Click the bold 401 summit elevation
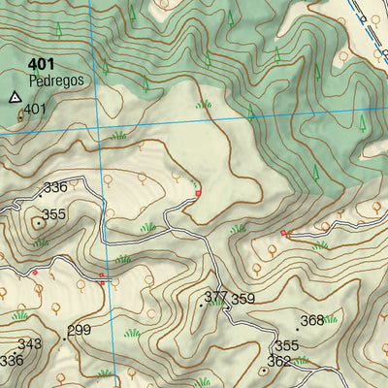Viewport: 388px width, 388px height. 42,66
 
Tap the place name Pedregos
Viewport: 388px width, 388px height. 55,81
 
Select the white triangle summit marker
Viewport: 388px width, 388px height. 15,97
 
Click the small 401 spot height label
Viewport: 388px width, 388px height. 35,110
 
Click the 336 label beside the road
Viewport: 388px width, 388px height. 55,187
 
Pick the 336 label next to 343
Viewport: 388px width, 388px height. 11,360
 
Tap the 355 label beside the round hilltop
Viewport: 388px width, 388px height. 53,214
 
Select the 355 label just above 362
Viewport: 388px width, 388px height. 286,345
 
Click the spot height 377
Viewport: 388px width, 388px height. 215,296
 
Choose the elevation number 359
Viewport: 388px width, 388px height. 242,299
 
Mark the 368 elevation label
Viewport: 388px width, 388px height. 311,320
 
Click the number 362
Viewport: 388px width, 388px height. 279,362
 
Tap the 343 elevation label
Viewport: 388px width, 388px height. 29,344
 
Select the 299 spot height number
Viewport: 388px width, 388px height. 79,330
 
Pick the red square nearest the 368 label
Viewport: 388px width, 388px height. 283,233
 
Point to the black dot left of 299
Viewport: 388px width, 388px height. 64,338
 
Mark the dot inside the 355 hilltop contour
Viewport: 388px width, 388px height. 40,223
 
